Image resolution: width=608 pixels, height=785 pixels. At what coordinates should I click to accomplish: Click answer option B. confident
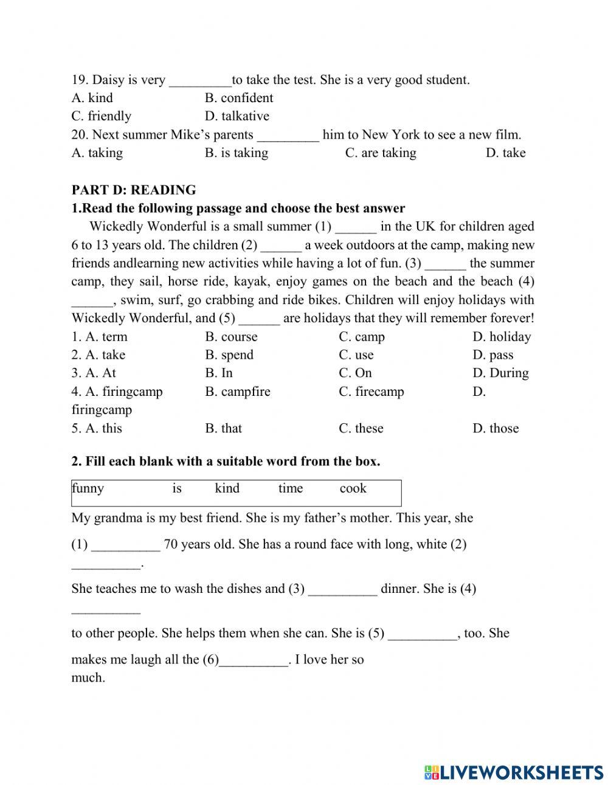[239, 98]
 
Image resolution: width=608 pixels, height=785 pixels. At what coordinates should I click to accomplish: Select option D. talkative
[237, 116]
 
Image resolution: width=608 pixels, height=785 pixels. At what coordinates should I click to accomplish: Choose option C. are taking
[381, 153]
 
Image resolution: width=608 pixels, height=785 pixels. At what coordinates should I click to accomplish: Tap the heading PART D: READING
[134, 190]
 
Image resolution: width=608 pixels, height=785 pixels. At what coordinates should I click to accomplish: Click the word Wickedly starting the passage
[115, 227]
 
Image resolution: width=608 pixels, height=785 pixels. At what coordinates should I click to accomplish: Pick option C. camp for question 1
[362, 337]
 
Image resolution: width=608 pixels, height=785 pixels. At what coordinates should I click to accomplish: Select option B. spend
[229, 355]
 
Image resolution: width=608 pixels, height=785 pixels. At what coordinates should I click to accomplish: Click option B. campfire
[238, 392]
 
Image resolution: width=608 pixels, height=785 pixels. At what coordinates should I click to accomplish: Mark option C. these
[361, 428]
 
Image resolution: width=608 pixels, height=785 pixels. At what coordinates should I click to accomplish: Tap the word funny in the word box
[88, 488]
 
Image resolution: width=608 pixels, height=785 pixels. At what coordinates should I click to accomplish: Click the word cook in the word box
[353, 488]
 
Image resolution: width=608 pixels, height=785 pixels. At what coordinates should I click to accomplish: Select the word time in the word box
[290, 488]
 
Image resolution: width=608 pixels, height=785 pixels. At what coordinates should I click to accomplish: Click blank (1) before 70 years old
[125, 545]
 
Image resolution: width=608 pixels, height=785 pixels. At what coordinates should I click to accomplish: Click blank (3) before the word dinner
[342, 590]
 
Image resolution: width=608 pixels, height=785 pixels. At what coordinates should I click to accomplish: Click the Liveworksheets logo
[514, 772]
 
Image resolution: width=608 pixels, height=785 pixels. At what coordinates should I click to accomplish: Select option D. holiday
[502, 337]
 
